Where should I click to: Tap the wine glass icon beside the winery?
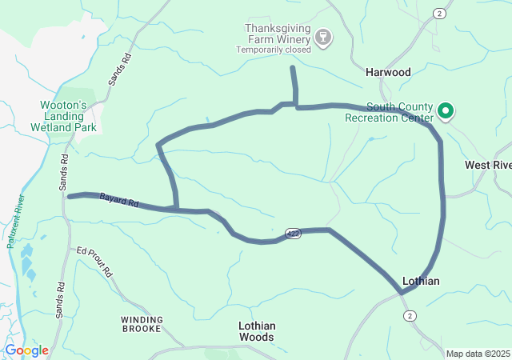pyautogui.click(x=323, y=37)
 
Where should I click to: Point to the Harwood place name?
pyautogui.click(x=388, y=72)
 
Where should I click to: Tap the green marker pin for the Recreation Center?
pyautogui.click(x=445, y=111)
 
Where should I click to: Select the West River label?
pyautogui.click(x=488, y=165)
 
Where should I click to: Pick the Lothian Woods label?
pyautogui.click(x=257, y=331)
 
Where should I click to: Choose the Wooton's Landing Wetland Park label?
pyautogui.click(x=63, y=116)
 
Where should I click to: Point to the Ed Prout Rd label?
pyautogui.click(x=94, y=261)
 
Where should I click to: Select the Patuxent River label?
pyautogui.click(x=16, y=221)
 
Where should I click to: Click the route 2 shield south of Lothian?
pyautogui.click(x=410, y=316)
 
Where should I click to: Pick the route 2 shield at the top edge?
pyautogui.click(x=438, y=14)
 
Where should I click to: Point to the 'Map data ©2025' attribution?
pyautogui.click(x=477, y=354)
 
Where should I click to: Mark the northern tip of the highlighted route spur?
pyautogui.click(x=293, y=69)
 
